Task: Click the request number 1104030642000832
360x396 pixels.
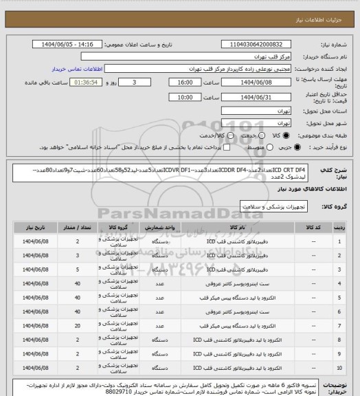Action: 258,43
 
